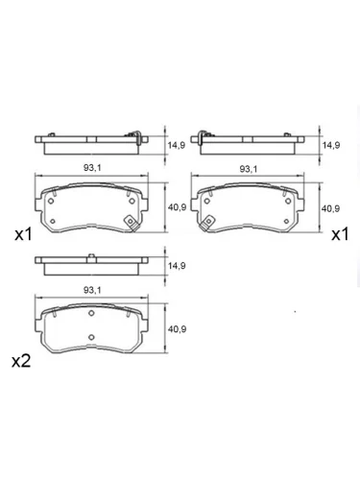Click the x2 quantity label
tap(21, 361)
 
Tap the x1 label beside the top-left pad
tap(23, 235)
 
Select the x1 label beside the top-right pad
tap(340, 235)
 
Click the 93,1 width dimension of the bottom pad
tap(92, 290)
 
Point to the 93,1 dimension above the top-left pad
tap(92, 168)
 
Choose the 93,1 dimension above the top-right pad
tap(249, 169)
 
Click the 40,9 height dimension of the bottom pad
tap(177, 329)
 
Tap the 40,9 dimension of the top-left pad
tap(177, 207)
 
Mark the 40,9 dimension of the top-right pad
tap(330, 208)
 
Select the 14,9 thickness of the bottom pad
tap(177, 266)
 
